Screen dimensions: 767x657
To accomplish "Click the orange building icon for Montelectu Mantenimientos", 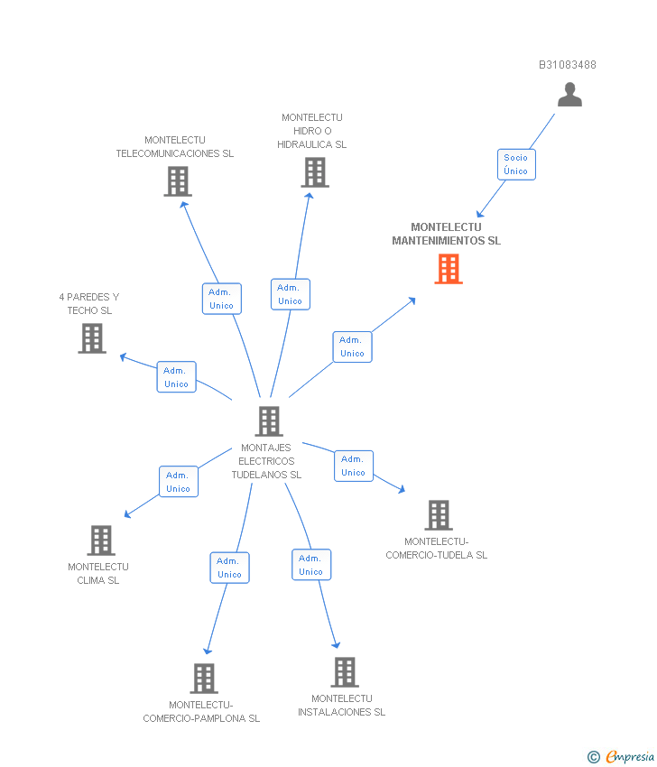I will [449, 269].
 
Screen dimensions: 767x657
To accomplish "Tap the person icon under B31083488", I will [569, 95].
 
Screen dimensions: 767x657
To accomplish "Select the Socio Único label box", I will [516, 164].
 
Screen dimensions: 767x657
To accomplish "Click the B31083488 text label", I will [567, 65].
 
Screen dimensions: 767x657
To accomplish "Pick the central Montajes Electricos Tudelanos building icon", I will [268, 421].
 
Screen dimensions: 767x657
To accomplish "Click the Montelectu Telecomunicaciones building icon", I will [178, 181].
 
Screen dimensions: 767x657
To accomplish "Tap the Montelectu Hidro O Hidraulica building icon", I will [314, 172].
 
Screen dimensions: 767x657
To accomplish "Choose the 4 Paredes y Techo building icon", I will [92, 338].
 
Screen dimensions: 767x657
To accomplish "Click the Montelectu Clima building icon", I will [101, 541].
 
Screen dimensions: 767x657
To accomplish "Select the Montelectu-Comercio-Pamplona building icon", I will [204, 679].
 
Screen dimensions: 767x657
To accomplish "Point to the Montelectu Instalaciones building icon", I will [344, 672].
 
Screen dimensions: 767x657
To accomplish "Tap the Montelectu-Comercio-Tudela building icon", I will [438, 515].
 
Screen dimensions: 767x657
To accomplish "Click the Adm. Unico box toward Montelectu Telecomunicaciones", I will [221, 299].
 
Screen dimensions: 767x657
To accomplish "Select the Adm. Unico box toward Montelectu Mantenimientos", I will [352, 347].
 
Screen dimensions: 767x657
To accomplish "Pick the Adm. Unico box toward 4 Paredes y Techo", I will [176, 377].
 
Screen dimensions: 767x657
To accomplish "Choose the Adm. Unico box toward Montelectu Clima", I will [178, 482].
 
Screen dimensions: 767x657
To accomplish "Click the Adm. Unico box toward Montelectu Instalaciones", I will [311, 565].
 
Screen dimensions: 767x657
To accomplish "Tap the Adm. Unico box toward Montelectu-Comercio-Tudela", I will [353, 466].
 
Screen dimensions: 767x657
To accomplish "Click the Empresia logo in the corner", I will [621, 756].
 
